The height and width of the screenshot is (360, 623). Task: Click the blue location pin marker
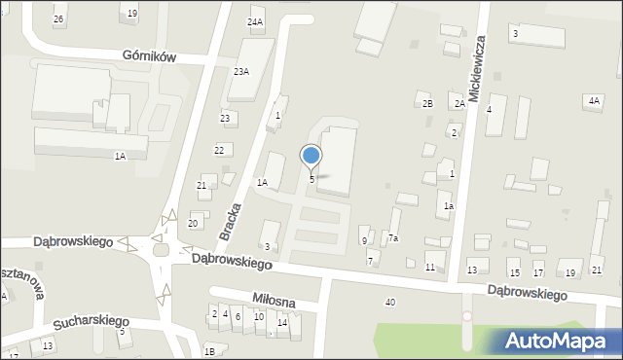[x=311, y=156]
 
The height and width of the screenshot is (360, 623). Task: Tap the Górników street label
[x=150, y=57]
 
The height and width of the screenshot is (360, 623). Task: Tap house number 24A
[x=255, y=21]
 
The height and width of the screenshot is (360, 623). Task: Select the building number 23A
[x=240, y=72]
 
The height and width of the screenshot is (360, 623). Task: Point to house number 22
[x=220, y=150]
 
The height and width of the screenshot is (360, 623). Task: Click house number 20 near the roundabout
[x=193, y=224]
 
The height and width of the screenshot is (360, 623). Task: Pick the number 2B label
[x=426, y=104]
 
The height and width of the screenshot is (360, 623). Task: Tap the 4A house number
[x=594, y=100]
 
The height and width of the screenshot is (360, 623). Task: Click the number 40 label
[x=389, y=303]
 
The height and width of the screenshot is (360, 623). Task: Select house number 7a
[x=393, y=238]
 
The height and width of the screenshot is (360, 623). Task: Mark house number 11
[x=430, y=267]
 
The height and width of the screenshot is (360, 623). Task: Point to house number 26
[x=58, y=19]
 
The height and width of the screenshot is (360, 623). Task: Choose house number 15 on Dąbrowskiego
[x=514, y=273]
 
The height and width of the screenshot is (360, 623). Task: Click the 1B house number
[x=209, y=352]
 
